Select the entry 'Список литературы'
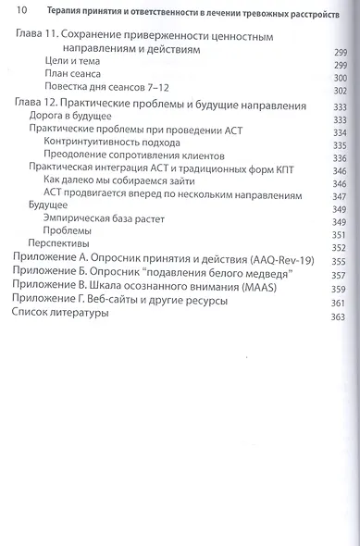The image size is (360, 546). [x=57, y=316]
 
